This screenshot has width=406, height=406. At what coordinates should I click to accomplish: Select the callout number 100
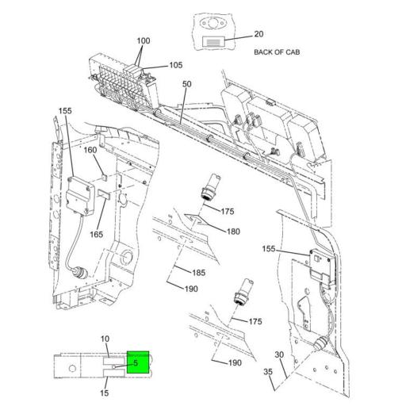[143, 40]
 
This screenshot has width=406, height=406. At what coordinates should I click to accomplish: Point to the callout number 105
[175, 64]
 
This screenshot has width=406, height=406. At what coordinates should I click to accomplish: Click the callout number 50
[187, 83]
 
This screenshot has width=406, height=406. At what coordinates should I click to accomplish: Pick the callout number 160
[90, 150]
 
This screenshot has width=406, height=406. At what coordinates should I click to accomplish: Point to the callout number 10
[105, 339]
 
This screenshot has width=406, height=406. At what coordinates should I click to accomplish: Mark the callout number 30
[279, 354]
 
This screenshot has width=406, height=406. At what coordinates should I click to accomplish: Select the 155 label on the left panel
[65, 111]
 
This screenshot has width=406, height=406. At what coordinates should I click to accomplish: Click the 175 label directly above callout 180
[228, 212]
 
